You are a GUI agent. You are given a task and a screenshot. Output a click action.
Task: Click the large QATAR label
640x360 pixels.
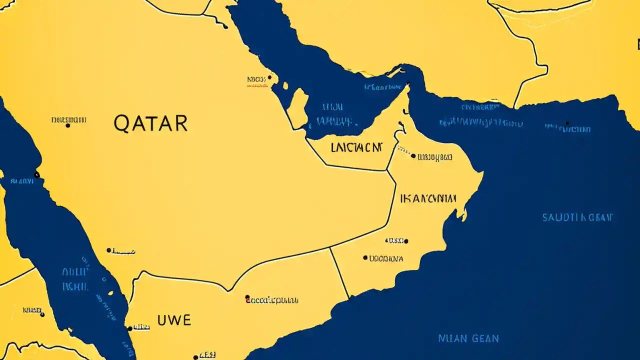pos(150,123)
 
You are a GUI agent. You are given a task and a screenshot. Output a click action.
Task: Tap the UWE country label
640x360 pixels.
pos(174,320)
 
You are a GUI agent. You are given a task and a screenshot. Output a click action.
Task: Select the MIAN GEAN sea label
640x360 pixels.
pos(468,338)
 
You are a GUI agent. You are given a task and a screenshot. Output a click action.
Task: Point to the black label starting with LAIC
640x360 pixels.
pos(356,147)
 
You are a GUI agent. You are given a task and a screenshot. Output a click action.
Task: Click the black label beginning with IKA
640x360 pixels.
pos(428,198)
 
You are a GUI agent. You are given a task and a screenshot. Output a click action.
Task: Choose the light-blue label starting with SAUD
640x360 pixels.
pos(577,217)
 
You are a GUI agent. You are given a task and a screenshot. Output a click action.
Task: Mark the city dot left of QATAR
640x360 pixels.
pos(68,125)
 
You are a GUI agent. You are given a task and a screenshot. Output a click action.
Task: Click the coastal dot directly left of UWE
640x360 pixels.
pos(130,328)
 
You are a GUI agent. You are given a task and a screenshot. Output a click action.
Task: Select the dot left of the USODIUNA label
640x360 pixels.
pos(365,258)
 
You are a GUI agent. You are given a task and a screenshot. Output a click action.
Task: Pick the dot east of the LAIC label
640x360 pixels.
pos(413,156)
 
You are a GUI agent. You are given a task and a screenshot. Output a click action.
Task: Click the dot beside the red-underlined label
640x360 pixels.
pos(269,77)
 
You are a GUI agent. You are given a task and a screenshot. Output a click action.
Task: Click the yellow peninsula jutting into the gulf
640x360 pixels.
pos(298,107)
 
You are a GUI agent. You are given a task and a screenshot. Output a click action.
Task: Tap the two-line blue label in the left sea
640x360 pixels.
pos(75,279)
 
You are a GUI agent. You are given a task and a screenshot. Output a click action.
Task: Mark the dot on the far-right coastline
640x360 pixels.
pos(567,123)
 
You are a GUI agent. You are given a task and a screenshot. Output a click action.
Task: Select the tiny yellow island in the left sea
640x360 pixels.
pos(110,293)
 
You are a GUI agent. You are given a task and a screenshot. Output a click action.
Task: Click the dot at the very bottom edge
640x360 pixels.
pos(195,357)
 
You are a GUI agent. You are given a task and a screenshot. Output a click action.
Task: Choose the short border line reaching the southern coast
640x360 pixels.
pos(339,272)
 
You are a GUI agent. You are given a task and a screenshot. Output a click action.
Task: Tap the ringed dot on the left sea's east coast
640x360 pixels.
pos(36,174)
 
